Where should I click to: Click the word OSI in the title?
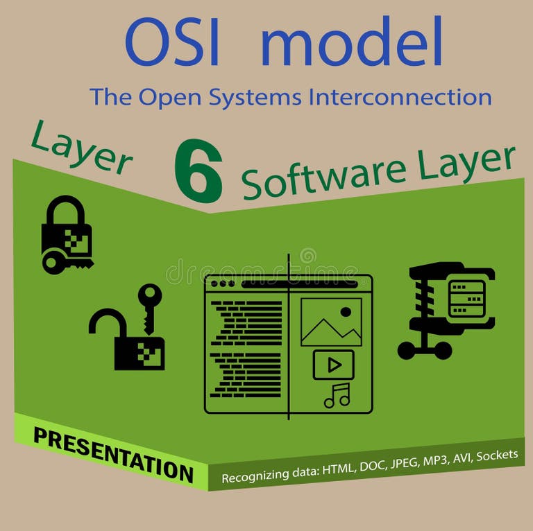click(172, 43)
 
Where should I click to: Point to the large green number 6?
click(198, 171)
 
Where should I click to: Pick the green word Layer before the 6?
click(81, 148)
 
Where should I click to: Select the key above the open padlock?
click(149, 305)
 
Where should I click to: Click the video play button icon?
click(333, 364)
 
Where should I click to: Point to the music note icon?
click(337, 395)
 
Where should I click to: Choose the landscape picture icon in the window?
click(331, 322)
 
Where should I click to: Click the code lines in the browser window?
click(246, 347)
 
